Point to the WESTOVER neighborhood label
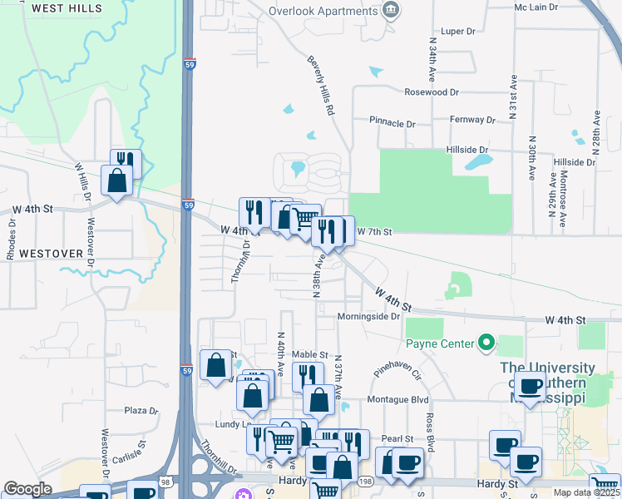(x=51, y=253)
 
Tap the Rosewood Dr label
(x=431, y=92)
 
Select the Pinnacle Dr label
(x=392, y=123)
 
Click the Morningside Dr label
(x=369, y=317)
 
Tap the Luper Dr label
(x=457, y=32)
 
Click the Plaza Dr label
(x=141, y=411)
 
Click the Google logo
(x=28, y=489)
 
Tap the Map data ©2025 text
(x=583, y=492)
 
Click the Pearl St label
(x=397, y=438)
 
